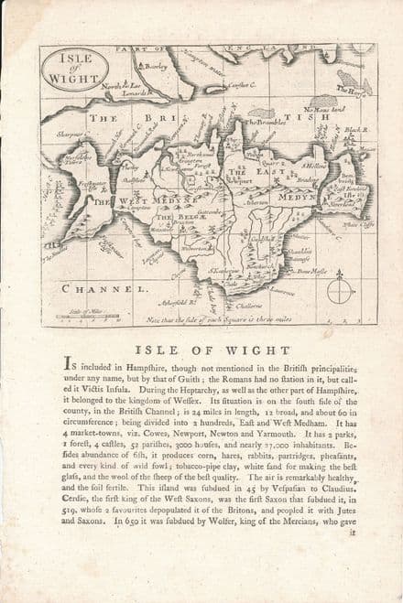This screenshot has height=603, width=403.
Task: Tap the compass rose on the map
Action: click(340, 290)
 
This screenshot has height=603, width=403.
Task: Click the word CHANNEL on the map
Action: click(104, 288)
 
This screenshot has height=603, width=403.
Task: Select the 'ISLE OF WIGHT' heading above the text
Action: click(202, 348)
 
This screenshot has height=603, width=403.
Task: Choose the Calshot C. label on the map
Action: click(241, 85)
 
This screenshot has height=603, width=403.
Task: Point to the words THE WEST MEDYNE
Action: click(127, 200)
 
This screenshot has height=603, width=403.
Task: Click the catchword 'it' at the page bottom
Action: click(353, 531)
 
